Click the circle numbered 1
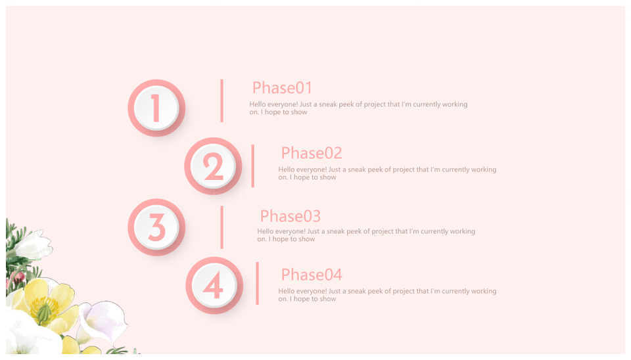pyautogui.click(x=156, y=108)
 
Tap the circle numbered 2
pyautogui.click(x=213, y=166)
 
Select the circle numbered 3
pyautogui.click(x=156, y=227)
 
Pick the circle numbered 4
pyautogui.click(x=214, y=285)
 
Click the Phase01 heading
pyautogui.click(x=282, y=87)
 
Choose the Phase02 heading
pyautogui.click(x=312, y=153)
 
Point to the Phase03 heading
pyautogui.click(x=290, y=216)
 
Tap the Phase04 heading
pyautogui.click(x=312, y=275)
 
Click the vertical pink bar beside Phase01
pyautogui.click(x=222, y=101)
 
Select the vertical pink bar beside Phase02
pyautogui.click(x=252, y=166)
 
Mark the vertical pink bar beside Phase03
pyautogui.click(x=222, y=227)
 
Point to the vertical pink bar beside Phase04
pyautogui.click(x=257, y=283)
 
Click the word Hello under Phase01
pyautogui.click(x=257, y=104)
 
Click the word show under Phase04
pyautogui.click(x=327, y=299)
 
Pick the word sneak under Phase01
pyautogui.click(x=327, y=104)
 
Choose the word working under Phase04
pyautogui.click(x=482, y=291)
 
